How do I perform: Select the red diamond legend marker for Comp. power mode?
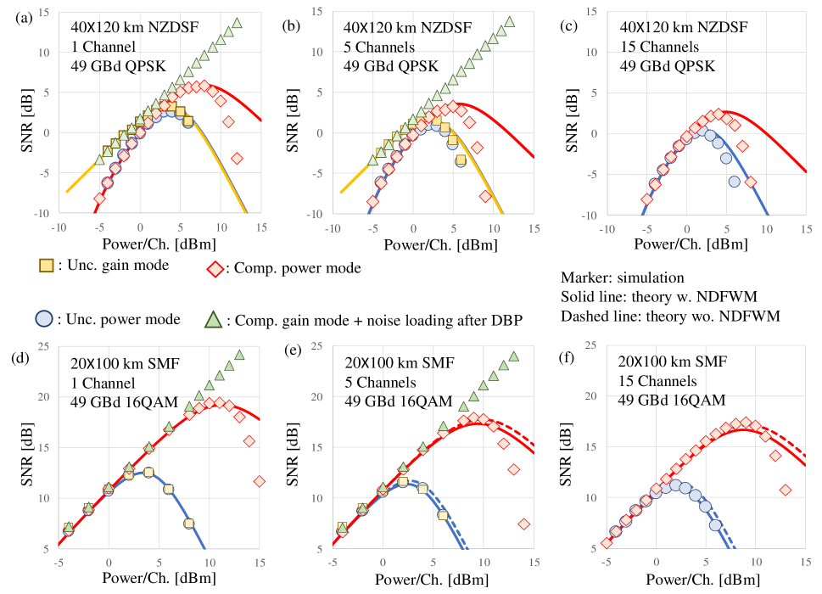(217, 268)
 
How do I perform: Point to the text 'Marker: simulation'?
(622, 277)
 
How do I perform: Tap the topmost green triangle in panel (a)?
(237, 24)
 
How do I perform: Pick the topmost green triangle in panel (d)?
(239, 356)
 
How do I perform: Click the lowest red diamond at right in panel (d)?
(260, 481)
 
